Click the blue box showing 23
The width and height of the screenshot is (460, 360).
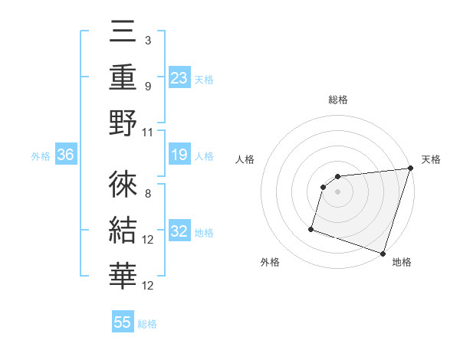coord(179,77)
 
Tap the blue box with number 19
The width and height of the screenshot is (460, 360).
coord(179,155)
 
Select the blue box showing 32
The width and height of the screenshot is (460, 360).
coord(179,231)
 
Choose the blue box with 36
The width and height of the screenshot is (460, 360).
coord(66,155)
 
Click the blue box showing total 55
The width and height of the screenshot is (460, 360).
coord(123,322)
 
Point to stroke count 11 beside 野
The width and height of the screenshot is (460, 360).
coord(149,132)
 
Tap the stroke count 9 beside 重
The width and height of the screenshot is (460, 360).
coord(147,86)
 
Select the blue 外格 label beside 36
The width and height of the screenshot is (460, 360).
coord(41,156)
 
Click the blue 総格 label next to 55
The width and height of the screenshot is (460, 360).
coord(147,323)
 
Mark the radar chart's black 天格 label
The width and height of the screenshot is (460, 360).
coord(431,159)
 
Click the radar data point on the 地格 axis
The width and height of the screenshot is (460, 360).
coord(383,253)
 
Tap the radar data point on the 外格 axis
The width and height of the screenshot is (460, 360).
coord(311,228)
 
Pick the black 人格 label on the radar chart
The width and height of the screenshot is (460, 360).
coord(245,159)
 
